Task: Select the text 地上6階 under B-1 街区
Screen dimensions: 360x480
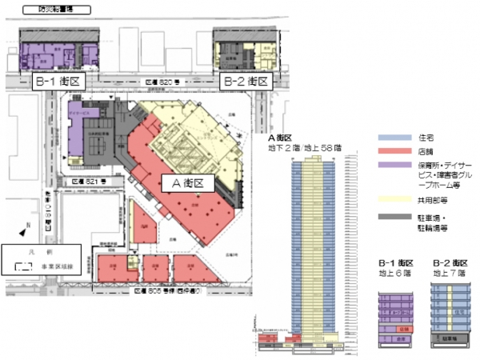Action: (396, 273)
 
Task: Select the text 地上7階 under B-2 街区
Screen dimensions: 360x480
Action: (448, 273)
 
